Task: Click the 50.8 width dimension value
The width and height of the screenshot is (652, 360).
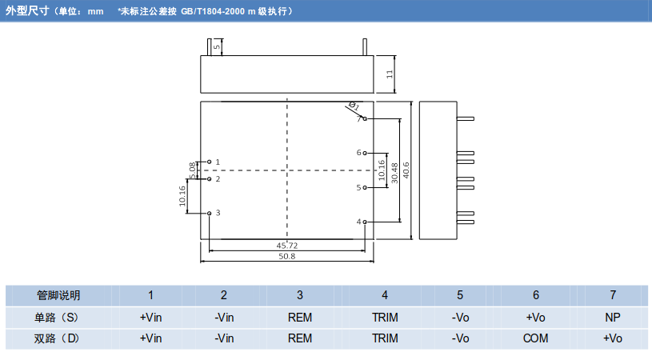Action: (x=286, y=257)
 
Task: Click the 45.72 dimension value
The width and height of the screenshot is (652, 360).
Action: (x=286, y=245)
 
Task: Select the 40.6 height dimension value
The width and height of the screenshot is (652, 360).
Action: (x=406, y=170)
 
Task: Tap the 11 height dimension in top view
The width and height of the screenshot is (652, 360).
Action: (x=389, y=74)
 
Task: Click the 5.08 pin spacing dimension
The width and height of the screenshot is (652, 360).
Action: (x=192, y=170)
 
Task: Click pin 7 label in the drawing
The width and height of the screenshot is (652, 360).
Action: (x=358, y=118)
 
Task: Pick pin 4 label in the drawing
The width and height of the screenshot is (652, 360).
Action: (x=358, y=222)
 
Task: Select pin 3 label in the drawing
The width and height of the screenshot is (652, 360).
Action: (x=218, y=213)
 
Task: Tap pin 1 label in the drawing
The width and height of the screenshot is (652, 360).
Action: (x=218, y=162)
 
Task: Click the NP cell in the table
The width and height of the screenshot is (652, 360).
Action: (x=613, y=317)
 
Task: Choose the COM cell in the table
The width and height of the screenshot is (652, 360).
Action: (x=535, y=338)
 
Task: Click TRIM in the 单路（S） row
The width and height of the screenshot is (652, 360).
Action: (x=385, y=317)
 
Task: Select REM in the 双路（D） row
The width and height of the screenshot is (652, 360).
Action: (x=300, y=338)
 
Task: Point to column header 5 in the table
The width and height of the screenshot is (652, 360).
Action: (x=460, y=295)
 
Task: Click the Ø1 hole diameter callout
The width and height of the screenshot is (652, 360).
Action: (x=354, y=106)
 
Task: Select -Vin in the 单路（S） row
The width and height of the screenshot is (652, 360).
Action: (x=224, y=317)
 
